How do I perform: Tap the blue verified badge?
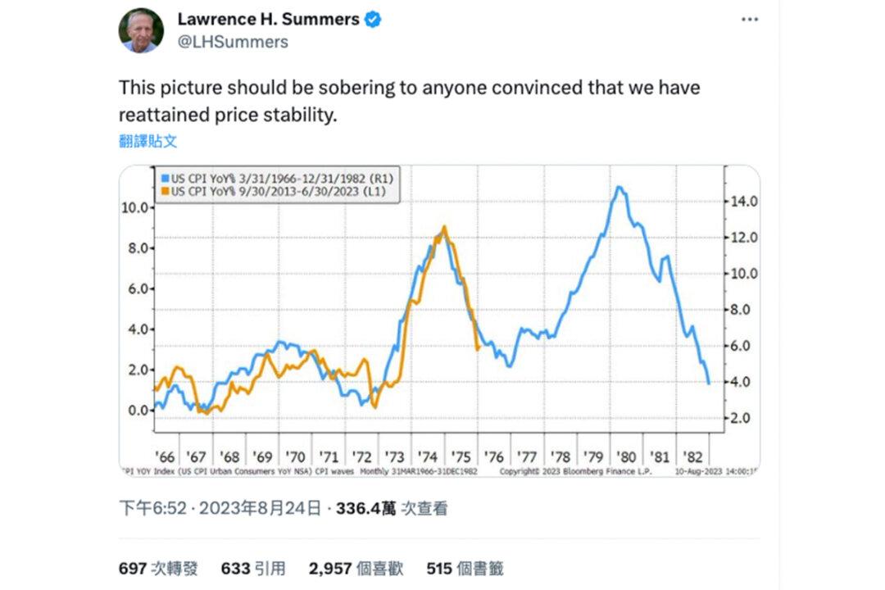(373, 20)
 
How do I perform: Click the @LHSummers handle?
(233, 42)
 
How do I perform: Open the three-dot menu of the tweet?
(749, 20)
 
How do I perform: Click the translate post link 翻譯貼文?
(147, 141)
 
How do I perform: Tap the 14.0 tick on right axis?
(743, 202)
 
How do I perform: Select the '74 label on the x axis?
(426, 456)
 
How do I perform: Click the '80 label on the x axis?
(625, 456)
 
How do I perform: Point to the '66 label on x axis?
(165, 456)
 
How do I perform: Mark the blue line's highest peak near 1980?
(619, 188)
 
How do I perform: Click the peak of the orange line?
(444, 227)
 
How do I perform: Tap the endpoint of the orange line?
(478, 349)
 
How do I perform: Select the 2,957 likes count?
(332, 568)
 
